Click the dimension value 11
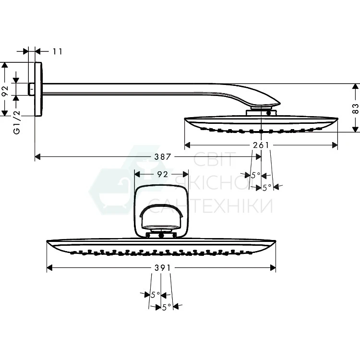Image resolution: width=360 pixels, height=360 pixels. pos(58,51)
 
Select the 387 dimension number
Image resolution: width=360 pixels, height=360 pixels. pos(163,157)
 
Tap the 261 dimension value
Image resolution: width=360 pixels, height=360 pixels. pos(261,145)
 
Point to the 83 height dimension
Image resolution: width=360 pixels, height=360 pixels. pos(355,108)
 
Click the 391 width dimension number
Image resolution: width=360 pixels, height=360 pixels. pos(163,268)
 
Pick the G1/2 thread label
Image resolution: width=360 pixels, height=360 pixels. pos(17,122)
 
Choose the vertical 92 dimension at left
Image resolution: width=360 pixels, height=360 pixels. pos(5,91)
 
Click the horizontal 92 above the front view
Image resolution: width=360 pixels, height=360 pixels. pos(163,175)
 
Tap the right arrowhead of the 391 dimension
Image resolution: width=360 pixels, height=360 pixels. pos(273,268)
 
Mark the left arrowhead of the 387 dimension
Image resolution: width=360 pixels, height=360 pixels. pos(37,157)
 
